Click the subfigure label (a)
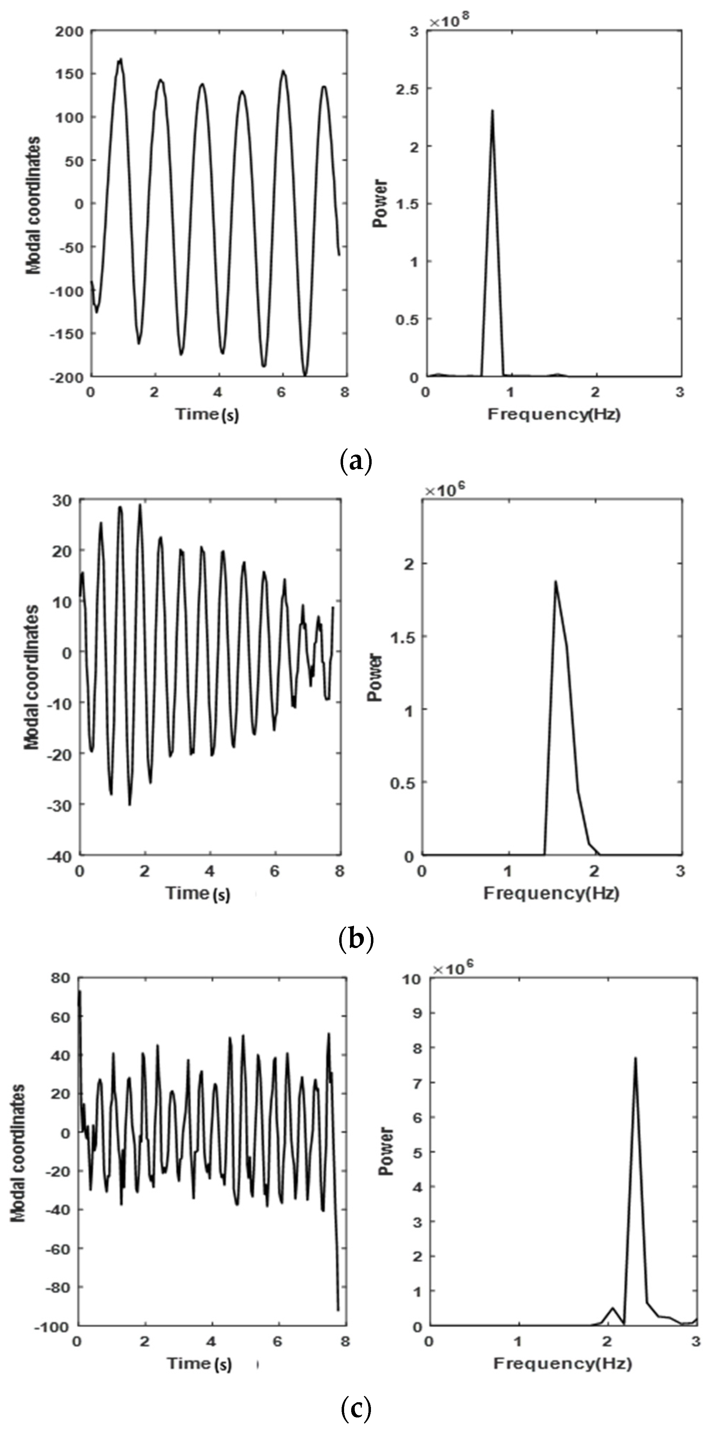tap(355, 462)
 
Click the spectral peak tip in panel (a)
tap(492, 110)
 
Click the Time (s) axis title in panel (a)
tap(207, 414)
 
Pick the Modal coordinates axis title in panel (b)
tap(32, 677)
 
